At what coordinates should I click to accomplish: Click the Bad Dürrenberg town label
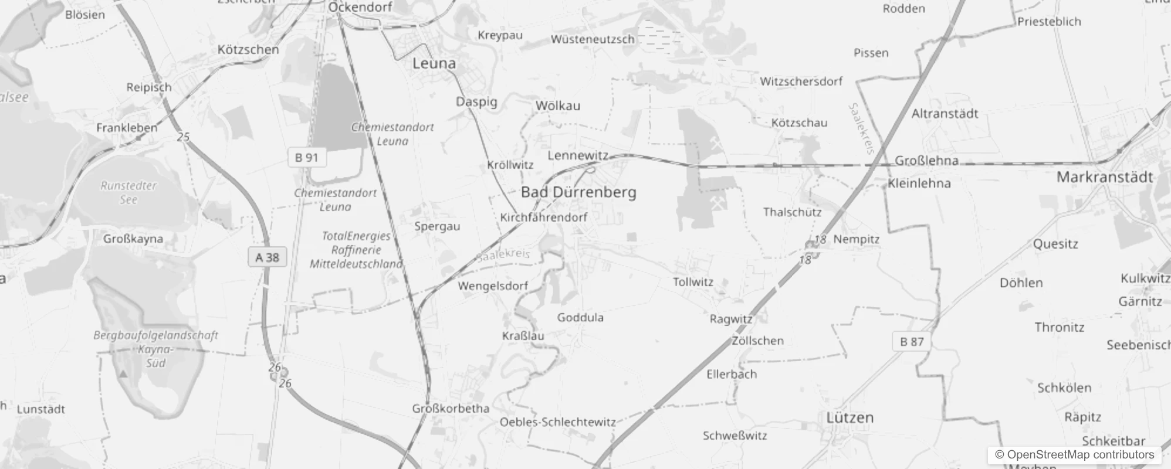[578, 192]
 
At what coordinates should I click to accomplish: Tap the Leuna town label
[434, 63]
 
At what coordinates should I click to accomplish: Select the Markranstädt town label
[1104, 177]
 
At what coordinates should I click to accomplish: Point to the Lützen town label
[850, 418]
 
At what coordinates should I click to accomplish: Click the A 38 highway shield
[268, 257]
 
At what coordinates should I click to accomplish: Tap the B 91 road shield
[307, 158]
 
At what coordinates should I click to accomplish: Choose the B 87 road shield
[912, 342]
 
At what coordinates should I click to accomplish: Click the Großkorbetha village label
[451, 409]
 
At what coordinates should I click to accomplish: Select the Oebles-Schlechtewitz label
[557, 422]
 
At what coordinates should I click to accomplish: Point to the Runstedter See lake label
[128, 192]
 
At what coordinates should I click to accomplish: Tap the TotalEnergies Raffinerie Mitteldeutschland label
[356, 250]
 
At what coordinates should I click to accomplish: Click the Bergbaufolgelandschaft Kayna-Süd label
[155, 349]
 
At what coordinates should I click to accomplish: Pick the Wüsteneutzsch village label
[593, 39]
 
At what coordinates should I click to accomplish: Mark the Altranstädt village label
[945, 114]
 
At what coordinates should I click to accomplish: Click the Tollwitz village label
[693, 282]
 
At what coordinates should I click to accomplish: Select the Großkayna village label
[133, 239]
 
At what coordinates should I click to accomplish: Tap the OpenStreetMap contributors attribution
[1074, 455]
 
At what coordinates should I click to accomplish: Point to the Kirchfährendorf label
[543, 217]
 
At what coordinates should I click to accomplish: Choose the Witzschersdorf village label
[801, 81]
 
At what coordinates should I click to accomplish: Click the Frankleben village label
[127, 128]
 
